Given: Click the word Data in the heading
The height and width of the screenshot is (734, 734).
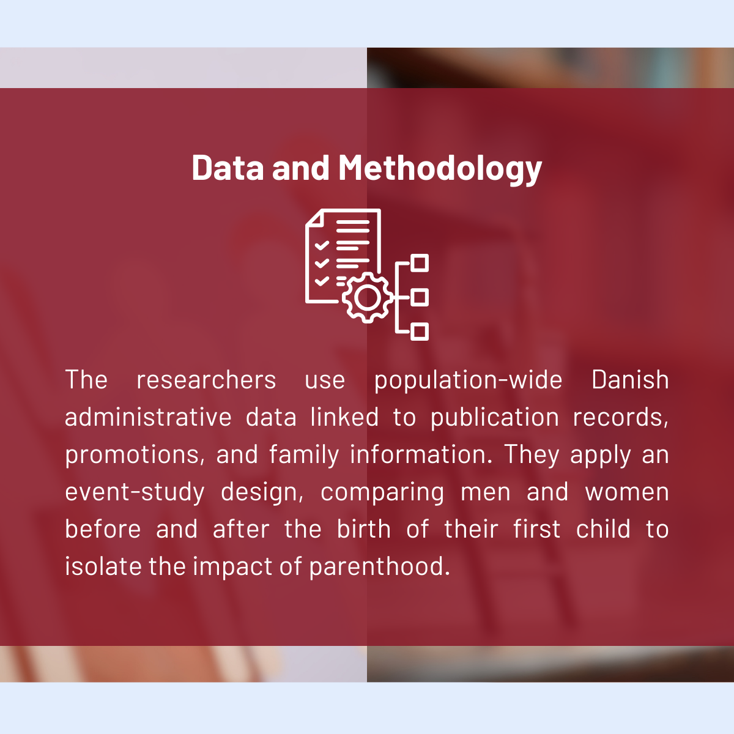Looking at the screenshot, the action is coord(228,167).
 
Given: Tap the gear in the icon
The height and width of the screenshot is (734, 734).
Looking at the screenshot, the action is coord(367,297).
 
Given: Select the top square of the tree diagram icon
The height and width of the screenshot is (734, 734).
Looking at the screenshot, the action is coord(420,263).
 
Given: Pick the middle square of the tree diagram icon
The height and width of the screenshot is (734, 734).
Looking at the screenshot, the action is coord(420,297).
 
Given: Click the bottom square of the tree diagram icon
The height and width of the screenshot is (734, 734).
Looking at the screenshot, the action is coord(420,332).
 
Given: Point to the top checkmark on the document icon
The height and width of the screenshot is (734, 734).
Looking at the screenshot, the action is coord(322,245).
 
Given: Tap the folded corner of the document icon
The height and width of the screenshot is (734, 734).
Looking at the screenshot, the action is coord(316,218).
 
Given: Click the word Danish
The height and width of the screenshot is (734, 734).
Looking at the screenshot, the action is coord(630,380).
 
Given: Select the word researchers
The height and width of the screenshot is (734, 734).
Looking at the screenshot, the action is coord(206,380).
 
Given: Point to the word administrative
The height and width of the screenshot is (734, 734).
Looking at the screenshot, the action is coord(148,417).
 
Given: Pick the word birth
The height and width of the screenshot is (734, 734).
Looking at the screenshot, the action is coord(364,528).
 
